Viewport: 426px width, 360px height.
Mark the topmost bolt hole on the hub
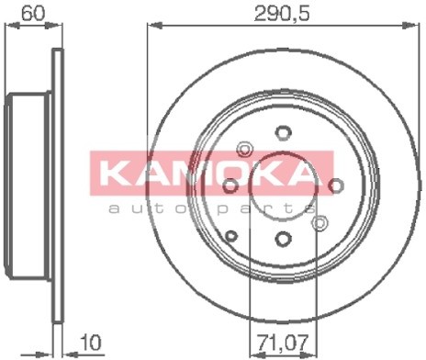pos(284,132)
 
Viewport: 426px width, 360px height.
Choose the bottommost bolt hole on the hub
pos(284,238)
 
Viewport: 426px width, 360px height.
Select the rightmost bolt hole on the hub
pos(336,185)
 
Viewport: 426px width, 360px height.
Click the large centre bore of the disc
pos(284,186)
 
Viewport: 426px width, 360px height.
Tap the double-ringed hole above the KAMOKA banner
pos(245,148)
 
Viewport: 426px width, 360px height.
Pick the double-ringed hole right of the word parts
pos(320,222)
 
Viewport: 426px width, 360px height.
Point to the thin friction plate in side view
pos(58,184)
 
